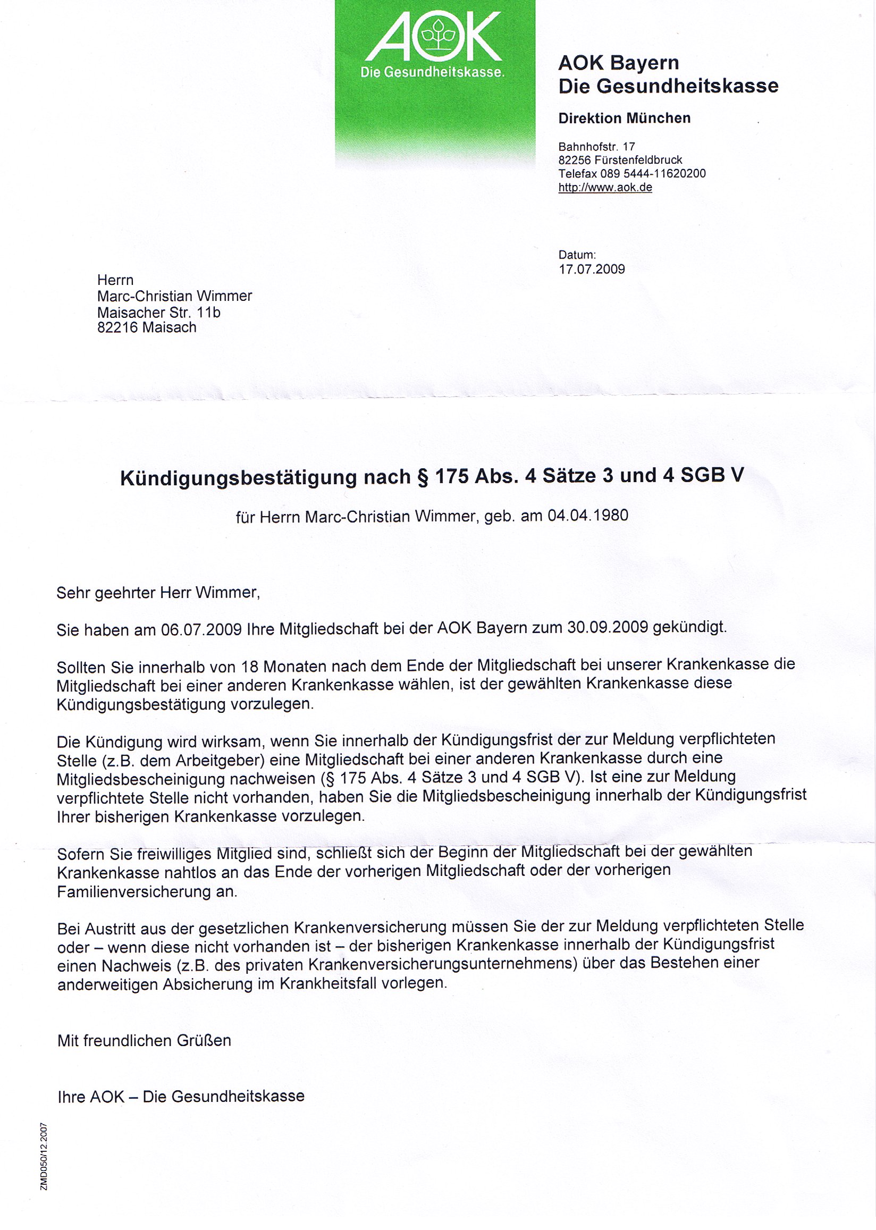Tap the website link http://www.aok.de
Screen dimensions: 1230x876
click(x=605, y=188)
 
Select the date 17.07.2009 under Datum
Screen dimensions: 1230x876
click(x=591, y=269)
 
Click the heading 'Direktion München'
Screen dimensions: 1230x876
click(x=624, y=118)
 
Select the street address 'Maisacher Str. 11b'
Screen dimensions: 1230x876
click(x=158, y=312)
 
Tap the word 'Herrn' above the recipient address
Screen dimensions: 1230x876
click(x=115, y=280)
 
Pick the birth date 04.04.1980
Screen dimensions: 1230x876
click(x=587, y=516)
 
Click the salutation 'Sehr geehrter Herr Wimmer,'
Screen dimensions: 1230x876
click(x=158, y=593)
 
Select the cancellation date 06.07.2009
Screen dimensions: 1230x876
click(x=201, y=630)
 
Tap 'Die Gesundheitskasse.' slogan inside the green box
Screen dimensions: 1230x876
click(x=432, y=72)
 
